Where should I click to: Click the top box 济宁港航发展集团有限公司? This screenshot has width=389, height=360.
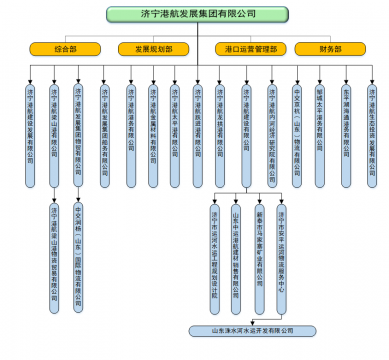point(193,15)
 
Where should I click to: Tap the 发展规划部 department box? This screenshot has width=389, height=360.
point(148,48)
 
